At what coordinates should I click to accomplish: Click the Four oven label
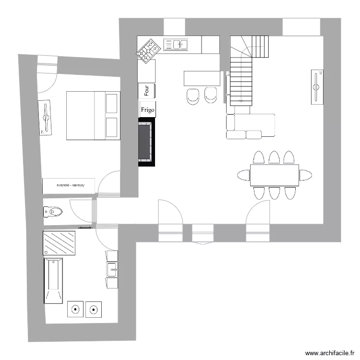[x=146, y=90]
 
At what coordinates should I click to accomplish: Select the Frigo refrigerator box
[x=147, y=109]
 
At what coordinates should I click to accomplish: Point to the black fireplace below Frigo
[x=146, y=144]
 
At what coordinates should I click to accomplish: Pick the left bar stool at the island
[x=193, y=96]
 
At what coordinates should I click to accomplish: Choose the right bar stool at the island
[x=211, y=95]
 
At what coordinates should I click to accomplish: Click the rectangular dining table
[x=274, y=175]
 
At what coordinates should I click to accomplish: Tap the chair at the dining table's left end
[x=243, y=175]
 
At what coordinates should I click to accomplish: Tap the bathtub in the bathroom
[x=53, y=281]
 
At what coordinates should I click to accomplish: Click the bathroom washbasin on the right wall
[x=112, y=270]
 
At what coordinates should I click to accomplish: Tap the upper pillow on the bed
[x=112, y=103]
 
